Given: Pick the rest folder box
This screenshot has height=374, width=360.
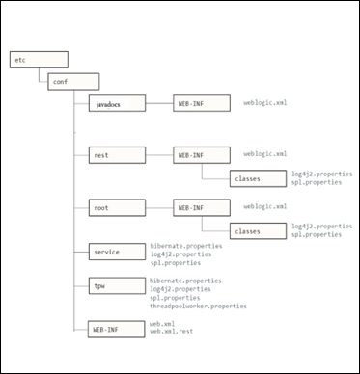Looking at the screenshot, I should coord(116,154).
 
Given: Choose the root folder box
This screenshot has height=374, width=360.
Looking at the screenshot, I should coord(116,206).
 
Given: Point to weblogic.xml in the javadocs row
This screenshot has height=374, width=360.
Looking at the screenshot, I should coord(265,101).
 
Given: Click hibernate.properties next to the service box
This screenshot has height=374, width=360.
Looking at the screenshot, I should coord(186,245).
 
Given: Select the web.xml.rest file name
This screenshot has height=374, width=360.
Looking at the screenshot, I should coord(171,333).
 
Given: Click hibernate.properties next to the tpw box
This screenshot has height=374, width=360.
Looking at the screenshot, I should coord(186,280).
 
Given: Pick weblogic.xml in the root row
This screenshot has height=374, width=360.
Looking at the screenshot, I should coord(265,206).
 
